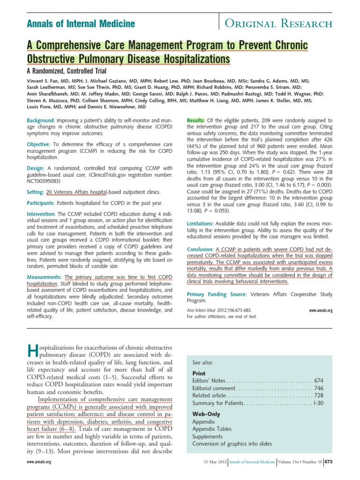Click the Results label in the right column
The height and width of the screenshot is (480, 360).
(196, 120)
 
